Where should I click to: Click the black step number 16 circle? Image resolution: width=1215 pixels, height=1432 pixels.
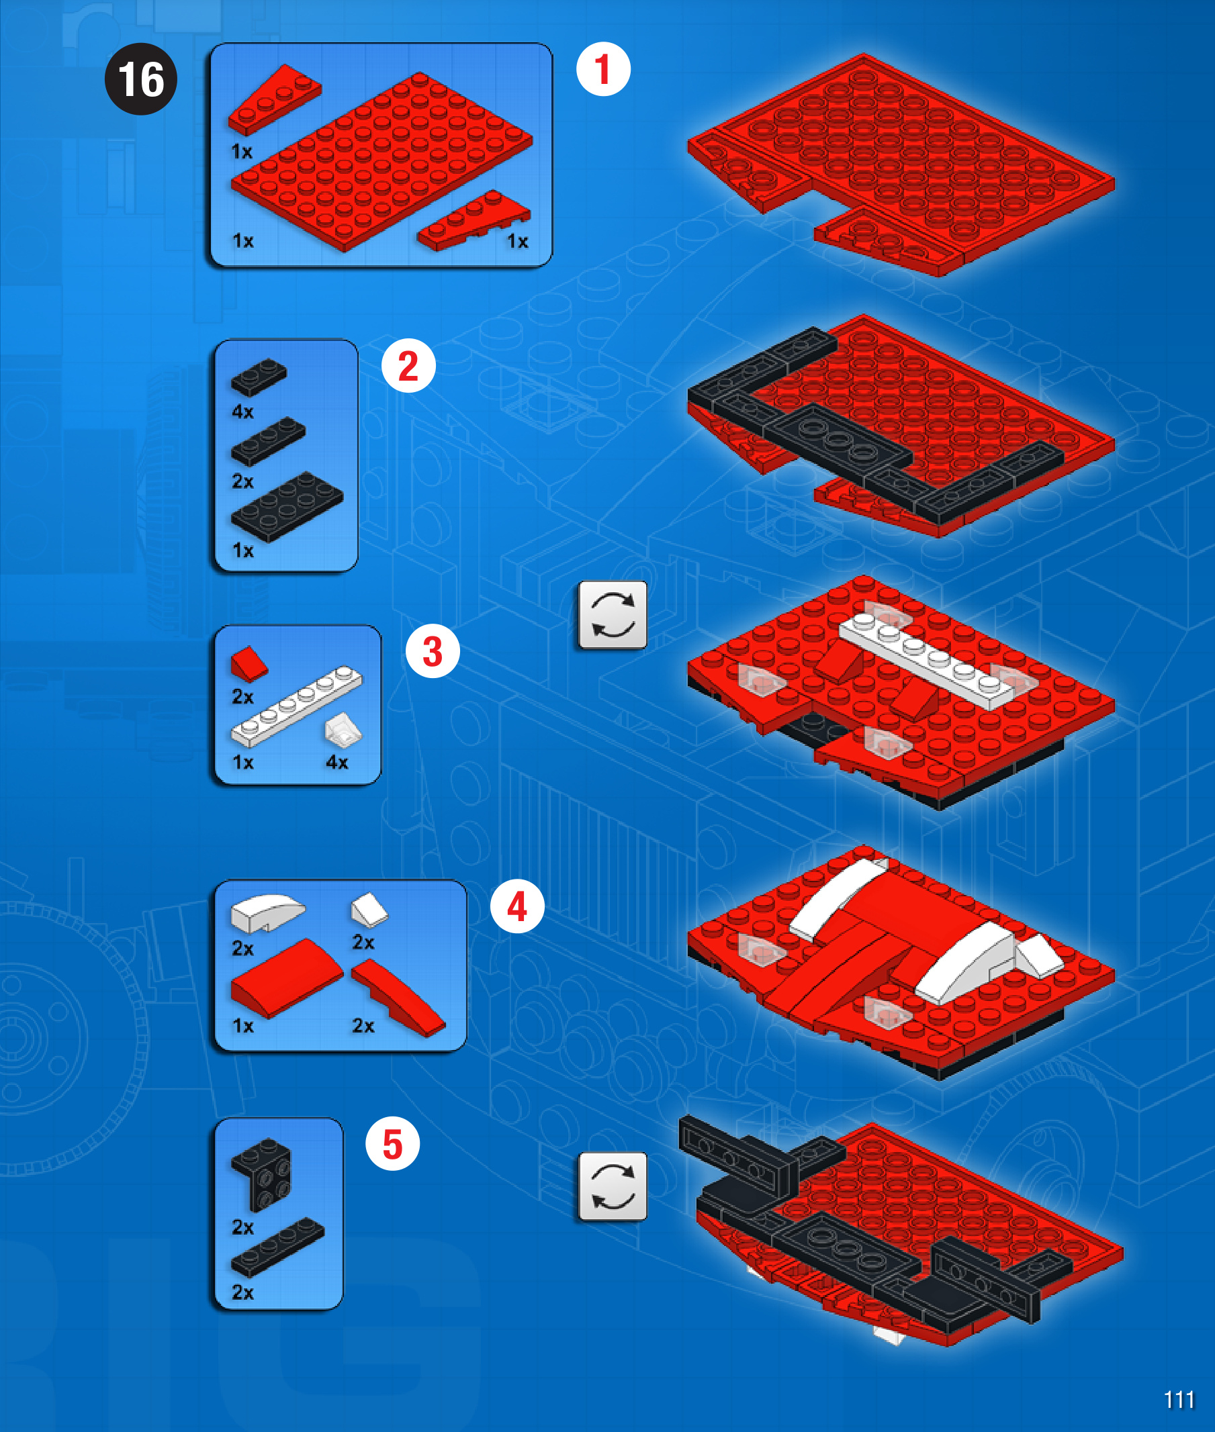coord(140,79)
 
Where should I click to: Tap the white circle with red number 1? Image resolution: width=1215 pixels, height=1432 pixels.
coord(603,69)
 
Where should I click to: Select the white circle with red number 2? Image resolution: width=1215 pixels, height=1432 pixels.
coord(408,366)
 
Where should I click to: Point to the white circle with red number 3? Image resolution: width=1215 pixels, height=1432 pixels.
coord(433,651)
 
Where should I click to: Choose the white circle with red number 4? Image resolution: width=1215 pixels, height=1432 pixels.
coord(517,906)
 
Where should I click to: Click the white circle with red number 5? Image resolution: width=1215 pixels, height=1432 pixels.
coord(393,1143)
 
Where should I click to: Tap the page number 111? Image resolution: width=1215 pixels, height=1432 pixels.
coord(1179,1400)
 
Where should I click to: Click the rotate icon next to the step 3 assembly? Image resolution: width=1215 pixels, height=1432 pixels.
coord(613,614)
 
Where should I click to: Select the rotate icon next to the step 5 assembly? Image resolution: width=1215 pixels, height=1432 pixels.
coord(613,1186)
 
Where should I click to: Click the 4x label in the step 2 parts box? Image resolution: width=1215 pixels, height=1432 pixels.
coord(242,412)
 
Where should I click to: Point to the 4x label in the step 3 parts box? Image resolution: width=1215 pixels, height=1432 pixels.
coord(336,762)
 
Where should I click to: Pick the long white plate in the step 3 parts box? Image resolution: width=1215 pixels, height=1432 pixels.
coord(296,706)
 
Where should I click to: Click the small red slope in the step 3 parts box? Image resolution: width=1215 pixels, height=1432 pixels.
coord(249,664)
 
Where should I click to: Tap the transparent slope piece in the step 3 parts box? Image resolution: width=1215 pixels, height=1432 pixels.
coord(343,730)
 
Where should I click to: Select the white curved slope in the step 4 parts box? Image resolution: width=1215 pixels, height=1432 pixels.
coord(267,913)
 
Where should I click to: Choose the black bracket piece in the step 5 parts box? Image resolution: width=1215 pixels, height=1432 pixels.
coord(262,1174)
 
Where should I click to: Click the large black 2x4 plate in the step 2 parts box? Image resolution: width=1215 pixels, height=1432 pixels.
coord(287,507)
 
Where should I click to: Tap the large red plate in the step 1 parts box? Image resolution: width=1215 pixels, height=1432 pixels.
coord(381,162)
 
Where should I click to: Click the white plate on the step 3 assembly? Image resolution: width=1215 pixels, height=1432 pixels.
coord(926,661)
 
